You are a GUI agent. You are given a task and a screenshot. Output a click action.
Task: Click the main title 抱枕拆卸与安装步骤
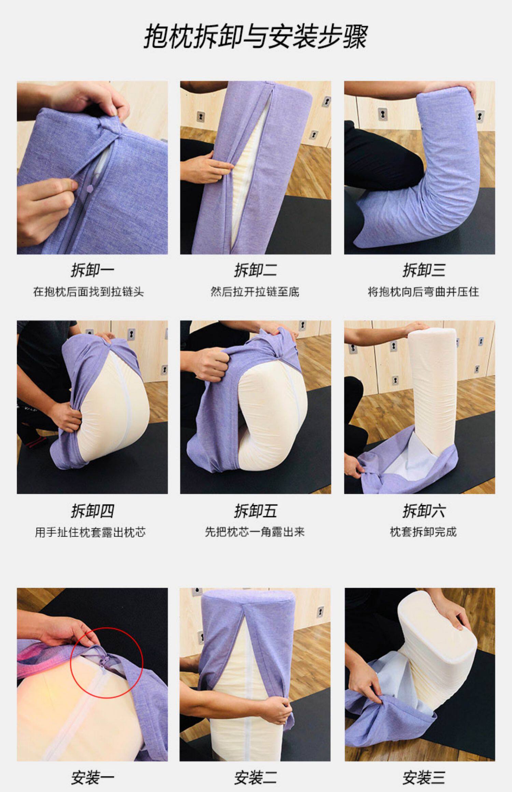point(255,36)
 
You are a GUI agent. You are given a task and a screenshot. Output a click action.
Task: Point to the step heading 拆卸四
point(92,511)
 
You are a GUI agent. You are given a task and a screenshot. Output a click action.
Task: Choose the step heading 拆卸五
point(255,511)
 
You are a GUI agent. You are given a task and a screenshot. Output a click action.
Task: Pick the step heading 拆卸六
point(424,511)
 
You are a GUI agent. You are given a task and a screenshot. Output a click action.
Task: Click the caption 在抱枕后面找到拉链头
point(88,292)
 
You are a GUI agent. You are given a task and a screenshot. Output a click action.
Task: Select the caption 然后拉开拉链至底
point(255,292)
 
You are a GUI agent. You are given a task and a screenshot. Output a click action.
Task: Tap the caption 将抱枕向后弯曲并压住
point(423,292)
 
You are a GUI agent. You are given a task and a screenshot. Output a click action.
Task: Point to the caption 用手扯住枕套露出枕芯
point(90,532)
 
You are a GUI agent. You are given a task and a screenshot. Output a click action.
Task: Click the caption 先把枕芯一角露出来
point(255,532)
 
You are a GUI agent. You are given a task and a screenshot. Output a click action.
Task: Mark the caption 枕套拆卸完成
point(423,532)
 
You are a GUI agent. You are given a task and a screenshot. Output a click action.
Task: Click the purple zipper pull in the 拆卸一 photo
point(91,187)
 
